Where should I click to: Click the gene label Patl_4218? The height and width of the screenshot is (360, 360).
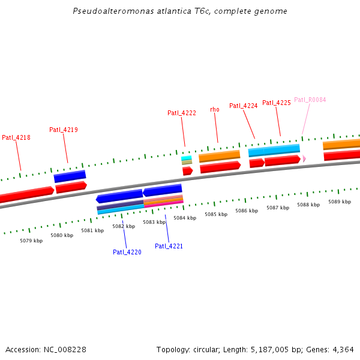tap(16, 137)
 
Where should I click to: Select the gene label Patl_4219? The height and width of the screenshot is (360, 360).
tap(64, 130)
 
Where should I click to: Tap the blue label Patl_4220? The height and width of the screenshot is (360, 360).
tap(127, 252)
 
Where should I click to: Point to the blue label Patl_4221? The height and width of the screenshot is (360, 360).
tap(169, 246)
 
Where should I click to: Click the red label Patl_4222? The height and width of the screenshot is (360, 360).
tap(182, 113)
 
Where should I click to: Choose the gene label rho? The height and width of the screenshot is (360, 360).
tap(215, 109)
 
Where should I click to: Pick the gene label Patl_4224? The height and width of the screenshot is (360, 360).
tap(244, 106)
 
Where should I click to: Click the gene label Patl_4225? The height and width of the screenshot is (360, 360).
tap(277, 103)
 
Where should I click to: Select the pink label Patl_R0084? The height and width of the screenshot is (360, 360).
tap(310, 100)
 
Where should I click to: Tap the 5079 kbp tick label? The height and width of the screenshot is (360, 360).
tap(31, 241)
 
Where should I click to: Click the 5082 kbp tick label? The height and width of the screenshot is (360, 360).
tap(124, 226)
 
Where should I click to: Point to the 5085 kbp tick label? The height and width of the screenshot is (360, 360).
tap(216, 214)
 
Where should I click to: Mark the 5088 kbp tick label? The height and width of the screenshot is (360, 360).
tap(308, 205)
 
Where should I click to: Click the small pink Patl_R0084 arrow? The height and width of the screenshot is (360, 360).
tap(304, 158)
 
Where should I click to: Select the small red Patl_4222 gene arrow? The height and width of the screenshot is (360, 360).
tap(187, 171)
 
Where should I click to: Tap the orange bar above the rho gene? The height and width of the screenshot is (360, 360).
tap(220, 157)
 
